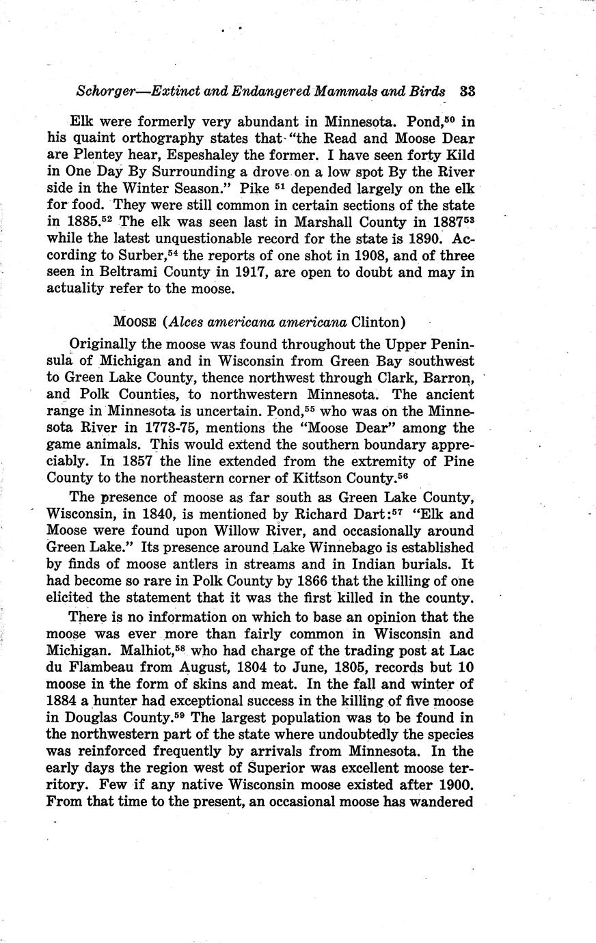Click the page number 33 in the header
(x=468, y=92)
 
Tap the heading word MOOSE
(x=137, y=322)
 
